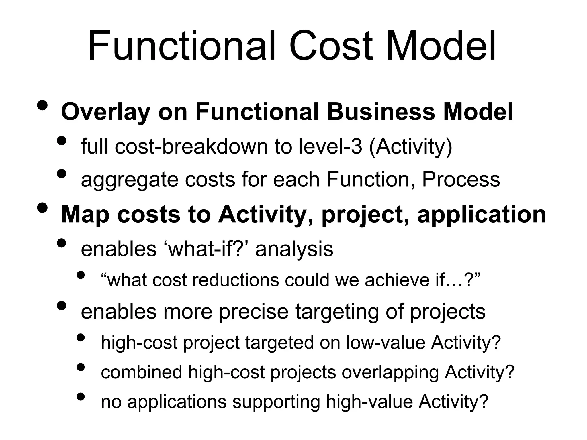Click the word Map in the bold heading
coord(85,215)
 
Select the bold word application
coord(482,215)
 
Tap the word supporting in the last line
coord(276,402)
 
